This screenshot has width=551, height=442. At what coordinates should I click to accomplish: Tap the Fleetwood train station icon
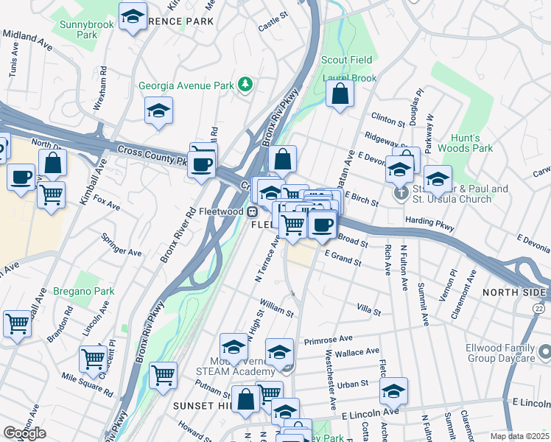coord(252,211)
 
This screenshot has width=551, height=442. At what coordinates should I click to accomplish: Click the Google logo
coord(25,433)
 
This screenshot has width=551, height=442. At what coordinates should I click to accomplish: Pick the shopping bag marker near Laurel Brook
coord(340,94)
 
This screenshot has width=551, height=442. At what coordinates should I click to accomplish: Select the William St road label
coord(276,307)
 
